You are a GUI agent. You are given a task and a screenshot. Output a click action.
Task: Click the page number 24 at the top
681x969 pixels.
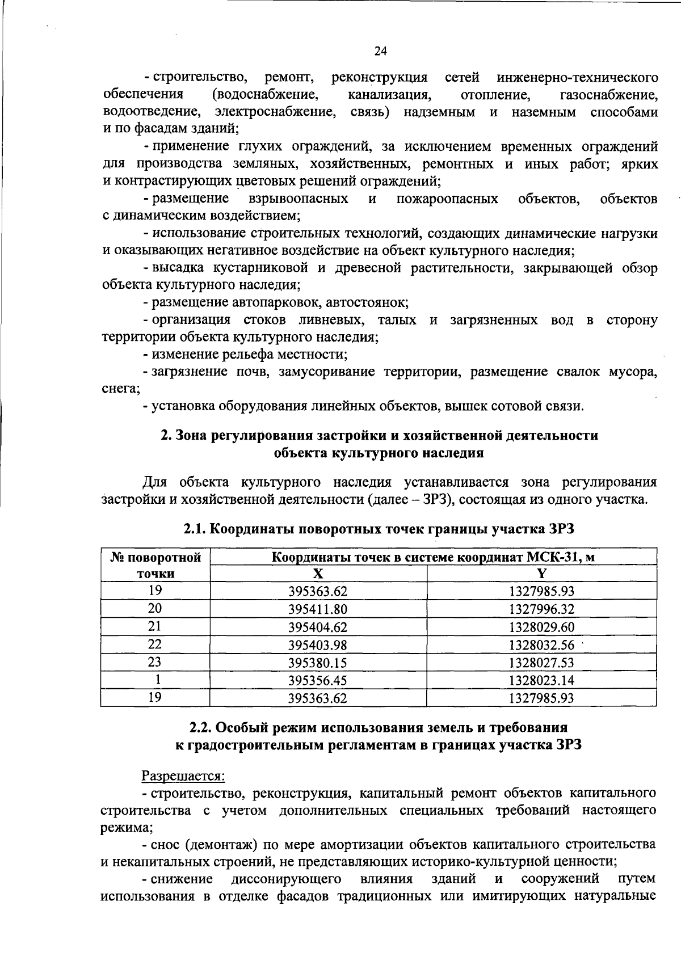point(380,52)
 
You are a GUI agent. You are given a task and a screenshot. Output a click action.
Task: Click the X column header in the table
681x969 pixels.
point(318,574)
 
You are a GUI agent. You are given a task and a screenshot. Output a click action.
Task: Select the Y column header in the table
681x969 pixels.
point(541,574)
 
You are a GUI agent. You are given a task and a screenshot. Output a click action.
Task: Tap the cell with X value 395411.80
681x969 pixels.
point(318,609)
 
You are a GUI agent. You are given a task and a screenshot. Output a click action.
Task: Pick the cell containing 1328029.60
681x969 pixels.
point(541,627)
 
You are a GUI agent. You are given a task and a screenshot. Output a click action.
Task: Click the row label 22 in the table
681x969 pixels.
point(155,644)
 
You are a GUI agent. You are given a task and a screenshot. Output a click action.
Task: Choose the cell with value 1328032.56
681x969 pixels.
point(541,645)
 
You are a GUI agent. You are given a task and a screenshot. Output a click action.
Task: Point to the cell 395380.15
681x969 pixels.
point(318,663)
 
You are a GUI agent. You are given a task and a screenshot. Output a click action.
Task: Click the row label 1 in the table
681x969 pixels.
point(155,680)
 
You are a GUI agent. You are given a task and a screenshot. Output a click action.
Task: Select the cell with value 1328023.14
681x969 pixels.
point(541,680)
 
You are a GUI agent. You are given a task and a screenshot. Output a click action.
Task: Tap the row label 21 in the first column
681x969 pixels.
point(155,626)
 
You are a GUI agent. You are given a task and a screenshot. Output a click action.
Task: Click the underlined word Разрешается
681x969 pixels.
point(183,775)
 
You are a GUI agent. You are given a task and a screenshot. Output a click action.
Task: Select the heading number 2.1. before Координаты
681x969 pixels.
point(195,529)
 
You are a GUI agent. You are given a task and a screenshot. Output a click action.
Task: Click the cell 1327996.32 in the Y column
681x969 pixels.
point(541,609)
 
